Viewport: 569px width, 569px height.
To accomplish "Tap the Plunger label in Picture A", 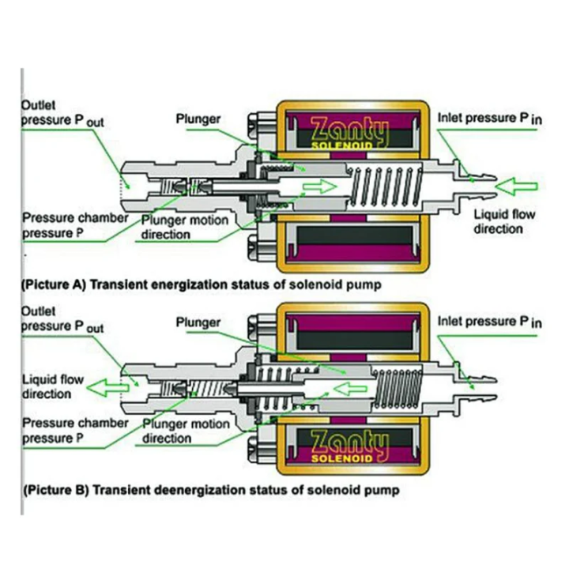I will point(198,119).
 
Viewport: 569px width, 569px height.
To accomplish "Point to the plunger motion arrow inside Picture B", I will point(349,387).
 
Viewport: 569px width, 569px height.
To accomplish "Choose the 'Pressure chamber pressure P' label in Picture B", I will point(73,430).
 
